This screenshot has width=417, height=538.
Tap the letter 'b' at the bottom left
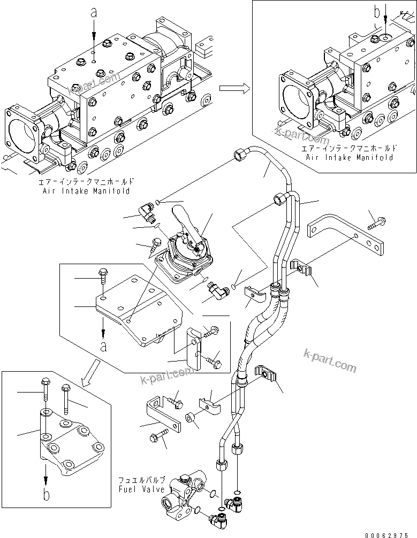47,495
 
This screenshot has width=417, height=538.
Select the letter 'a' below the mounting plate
103,345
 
